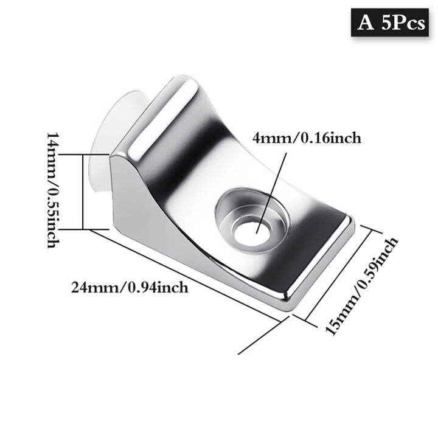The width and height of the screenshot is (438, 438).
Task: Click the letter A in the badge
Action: click(365, 24)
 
